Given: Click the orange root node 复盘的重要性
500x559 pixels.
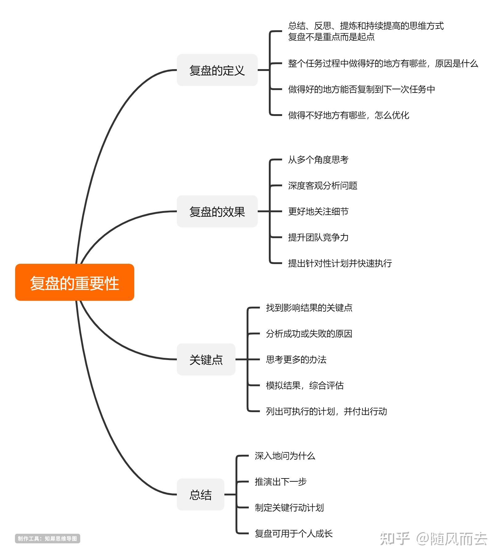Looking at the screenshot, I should click(74, 282).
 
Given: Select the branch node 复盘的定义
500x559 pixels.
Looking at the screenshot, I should click(217, 70).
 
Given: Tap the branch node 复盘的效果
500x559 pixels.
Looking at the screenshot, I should click(217, 212).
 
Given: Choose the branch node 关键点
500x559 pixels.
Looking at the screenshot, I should click(206, 359).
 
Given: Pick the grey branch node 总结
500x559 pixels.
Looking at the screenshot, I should click(200, 495).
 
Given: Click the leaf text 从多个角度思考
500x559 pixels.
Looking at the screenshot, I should click(318, 160).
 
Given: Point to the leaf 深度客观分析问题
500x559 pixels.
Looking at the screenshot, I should click(323, 186).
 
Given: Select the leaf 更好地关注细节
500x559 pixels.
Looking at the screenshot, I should click(318, 212).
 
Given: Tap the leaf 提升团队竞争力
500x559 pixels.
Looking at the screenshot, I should click(318, 238).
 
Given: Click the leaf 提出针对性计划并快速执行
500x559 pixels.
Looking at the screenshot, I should click(340, 263).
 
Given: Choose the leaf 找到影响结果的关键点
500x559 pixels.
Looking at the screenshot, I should click(309, 308).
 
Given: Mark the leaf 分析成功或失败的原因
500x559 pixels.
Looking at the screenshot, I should click(309, 334).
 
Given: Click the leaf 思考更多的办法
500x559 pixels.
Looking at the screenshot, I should click(296, 360).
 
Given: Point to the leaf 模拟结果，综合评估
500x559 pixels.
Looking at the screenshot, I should click(305, 386).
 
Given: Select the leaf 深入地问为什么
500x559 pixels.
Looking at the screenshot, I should click(285, 456).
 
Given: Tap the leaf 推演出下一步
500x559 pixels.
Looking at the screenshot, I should click(281, 482).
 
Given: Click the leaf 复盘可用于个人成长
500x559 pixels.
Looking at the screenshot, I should click(294, 534).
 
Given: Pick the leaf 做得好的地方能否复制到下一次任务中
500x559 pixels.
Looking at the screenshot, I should click(361, 89).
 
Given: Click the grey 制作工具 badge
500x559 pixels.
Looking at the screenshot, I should click(48, 539).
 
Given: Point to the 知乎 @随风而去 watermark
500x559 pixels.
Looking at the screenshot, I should click(433, 539).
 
